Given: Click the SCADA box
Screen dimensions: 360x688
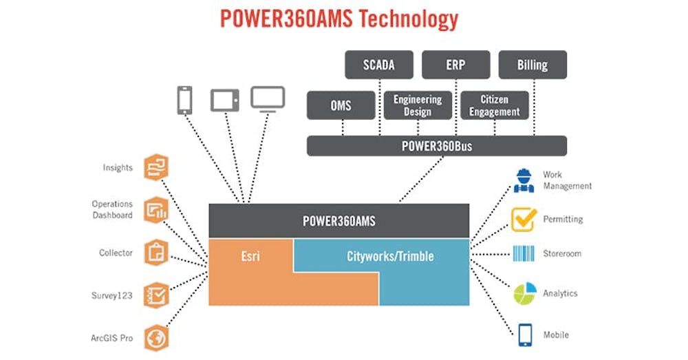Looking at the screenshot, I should click(x=378, y=65).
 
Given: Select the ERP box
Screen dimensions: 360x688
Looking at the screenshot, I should click(x=455, y=65).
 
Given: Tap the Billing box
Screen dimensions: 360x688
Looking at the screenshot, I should click(x=533, y=65).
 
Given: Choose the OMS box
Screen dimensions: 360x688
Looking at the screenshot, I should click(x=341, y=105).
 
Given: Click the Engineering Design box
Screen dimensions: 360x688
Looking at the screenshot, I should click(x=418, y=105).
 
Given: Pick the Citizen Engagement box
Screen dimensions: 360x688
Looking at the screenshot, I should click(x=495, y=105).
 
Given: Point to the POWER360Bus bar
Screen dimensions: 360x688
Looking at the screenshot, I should click(x=436, y=146).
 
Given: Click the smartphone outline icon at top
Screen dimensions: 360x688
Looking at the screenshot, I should click(x=184, y=100).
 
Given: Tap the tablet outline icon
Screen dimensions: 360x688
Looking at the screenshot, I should click(x=224, y=100).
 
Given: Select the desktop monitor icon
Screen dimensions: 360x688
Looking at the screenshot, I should click(x=268, y=98).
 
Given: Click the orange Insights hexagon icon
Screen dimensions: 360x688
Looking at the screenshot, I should click(x=156, y=168).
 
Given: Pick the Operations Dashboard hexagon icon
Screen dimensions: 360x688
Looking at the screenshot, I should click(x=156, y=210).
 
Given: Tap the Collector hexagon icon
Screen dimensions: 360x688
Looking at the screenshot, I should click(x=156, y=253).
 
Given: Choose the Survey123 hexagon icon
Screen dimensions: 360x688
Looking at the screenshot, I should click(x=156, y=295).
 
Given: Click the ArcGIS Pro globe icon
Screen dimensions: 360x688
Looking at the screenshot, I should click(x=156, y=338).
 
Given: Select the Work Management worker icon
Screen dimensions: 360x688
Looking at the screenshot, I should click(x=524, y=180).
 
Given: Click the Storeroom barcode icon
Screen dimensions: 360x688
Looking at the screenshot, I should click(x=524, y=253).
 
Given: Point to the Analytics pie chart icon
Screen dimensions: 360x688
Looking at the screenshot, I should click(x=524, y=293).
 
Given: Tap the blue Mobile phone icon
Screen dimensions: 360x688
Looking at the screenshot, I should click(x=524, y=335).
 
